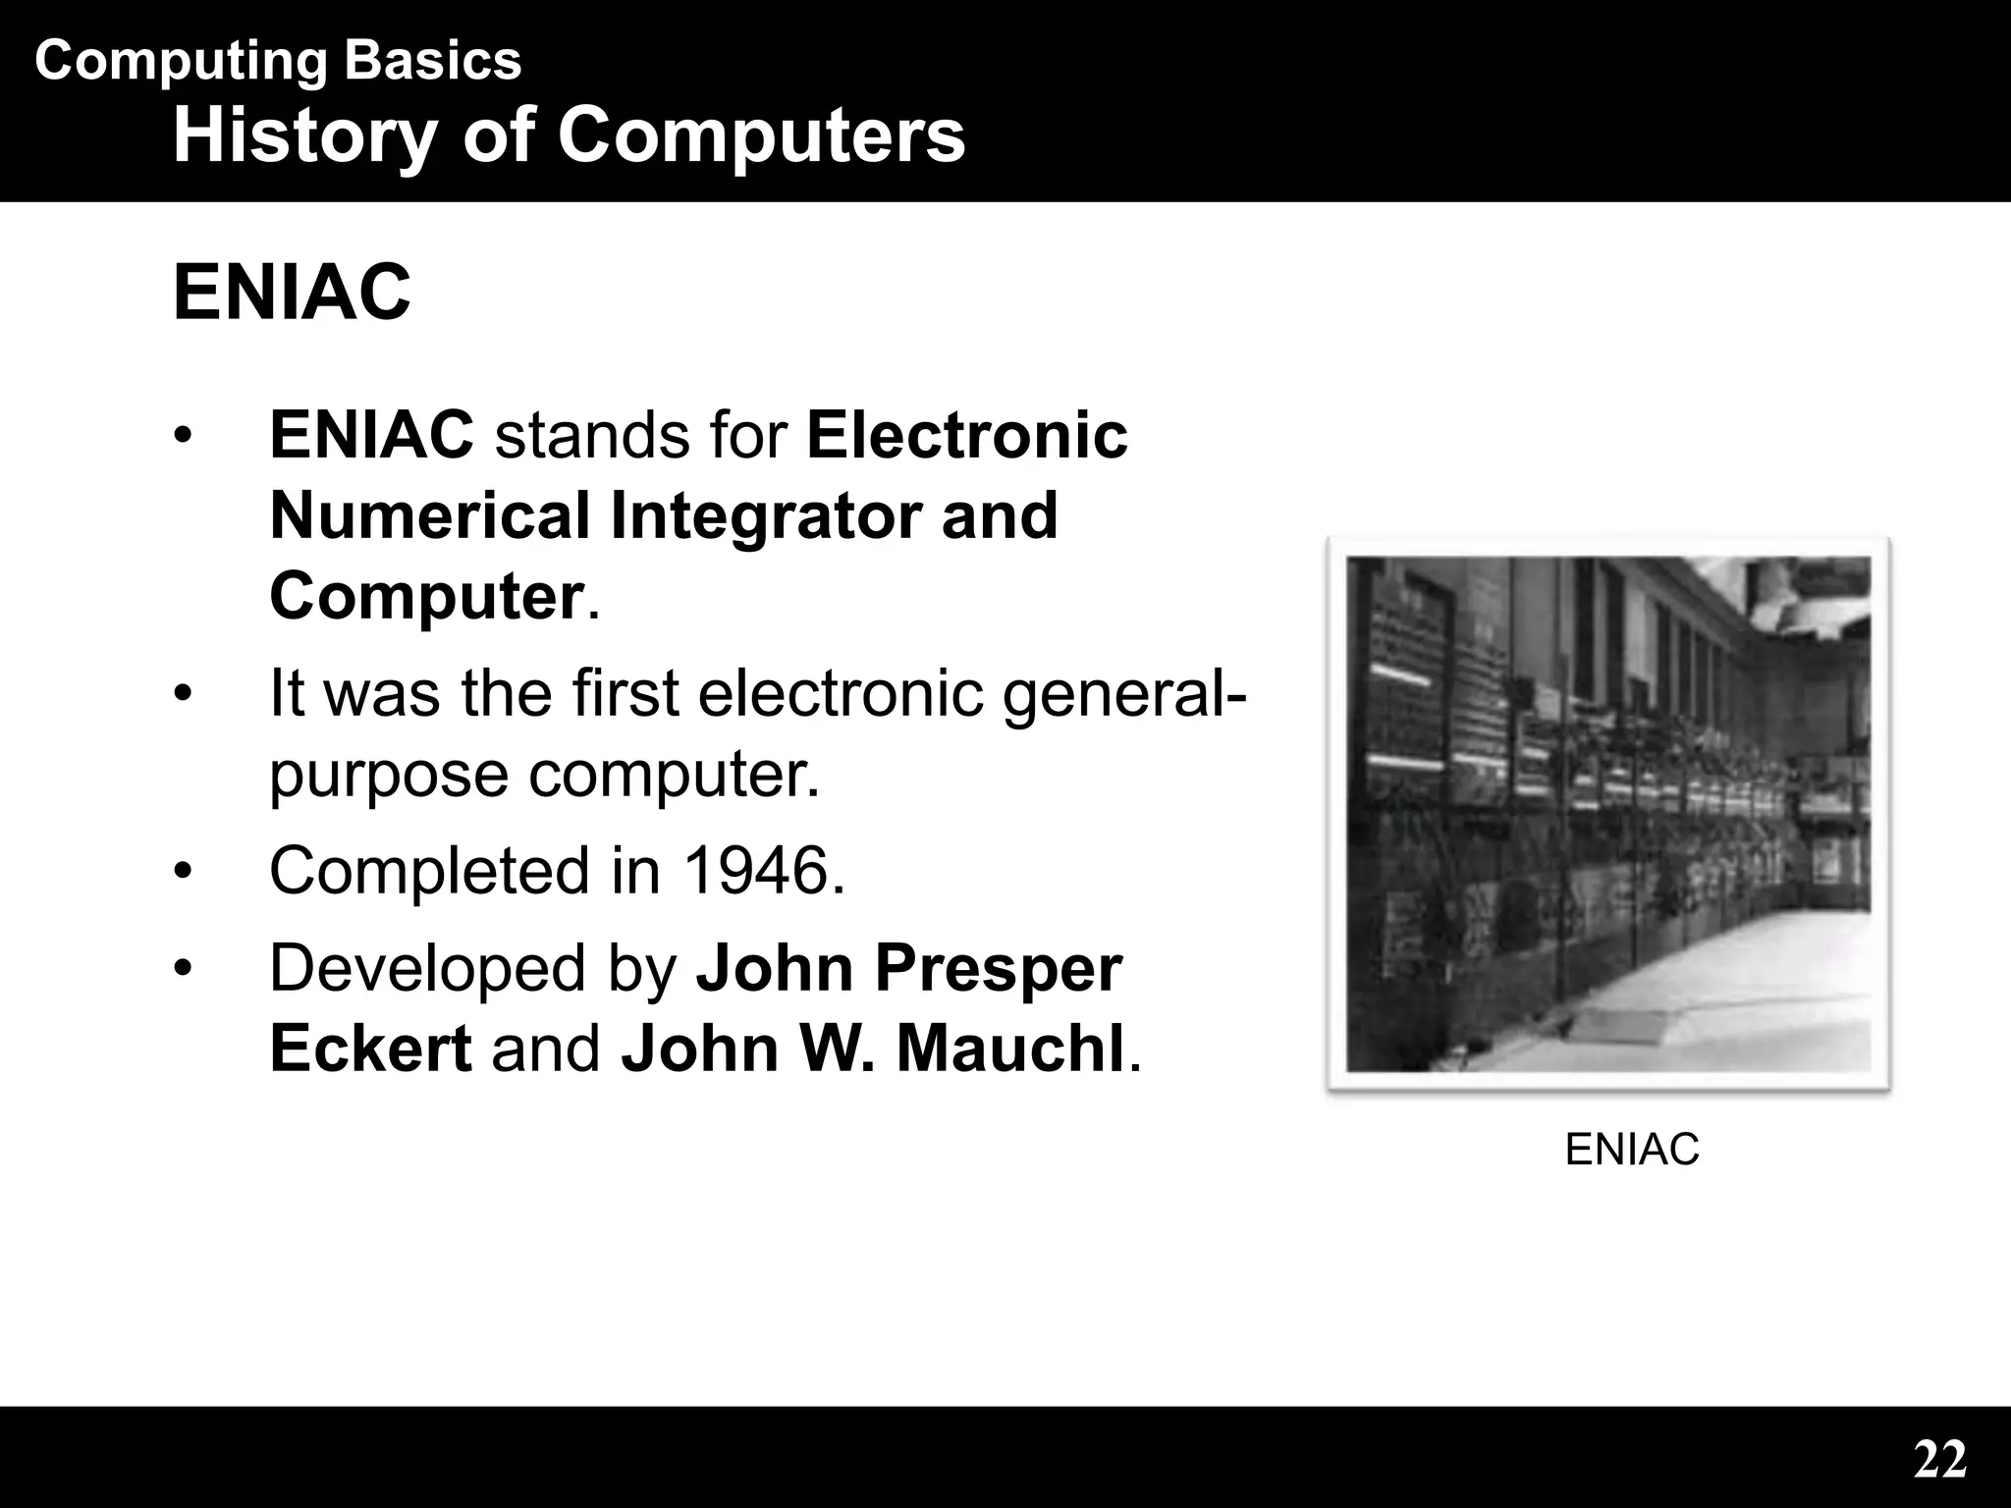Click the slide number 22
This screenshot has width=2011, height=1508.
1939,1460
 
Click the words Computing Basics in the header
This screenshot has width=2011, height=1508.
278,61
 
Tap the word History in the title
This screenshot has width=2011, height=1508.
304,135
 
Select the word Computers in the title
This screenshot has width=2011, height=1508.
761,135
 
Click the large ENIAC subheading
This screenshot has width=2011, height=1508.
292,293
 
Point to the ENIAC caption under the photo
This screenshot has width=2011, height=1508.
1631,1149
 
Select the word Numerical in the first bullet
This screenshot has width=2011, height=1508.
429,515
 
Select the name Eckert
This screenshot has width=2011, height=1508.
370,1048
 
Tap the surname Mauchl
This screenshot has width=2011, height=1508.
1010,1048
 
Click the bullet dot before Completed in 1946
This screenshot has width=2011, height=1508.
182,870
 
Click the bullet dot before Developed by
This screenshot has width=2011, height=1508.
182,968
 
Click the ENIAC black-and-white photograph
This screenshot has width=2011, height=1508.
1607,813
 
